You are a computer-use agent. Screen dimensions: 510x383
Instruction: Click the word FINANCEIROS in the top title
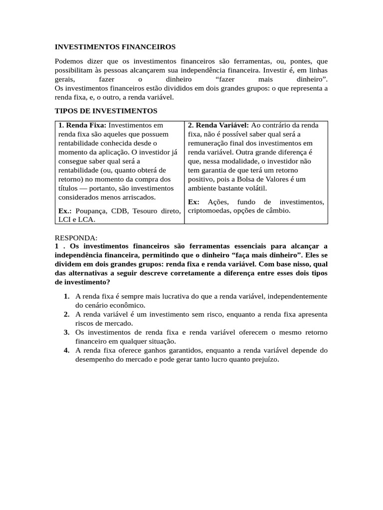pos(149,47)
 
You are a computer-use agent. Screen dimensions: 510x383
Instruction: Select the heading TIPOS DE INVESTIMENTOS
pos(106,110)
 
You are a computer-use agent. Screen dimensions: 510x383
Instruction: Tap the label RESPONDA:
pos(76,238)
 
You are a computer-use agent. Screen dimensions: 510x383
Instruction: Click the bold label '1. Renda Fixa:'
pos(82,126)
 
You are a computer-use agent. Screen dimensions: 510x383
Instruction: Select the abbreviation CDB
pos(119,211)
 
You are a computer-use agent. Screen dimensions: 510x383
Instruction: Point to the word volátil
pos(255,188)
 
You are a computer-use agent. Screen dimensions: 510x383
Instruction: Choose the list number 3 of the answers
pos(66,332)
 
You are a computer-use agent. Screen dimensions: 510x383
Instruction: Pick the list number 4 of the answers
pos(66,351)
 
